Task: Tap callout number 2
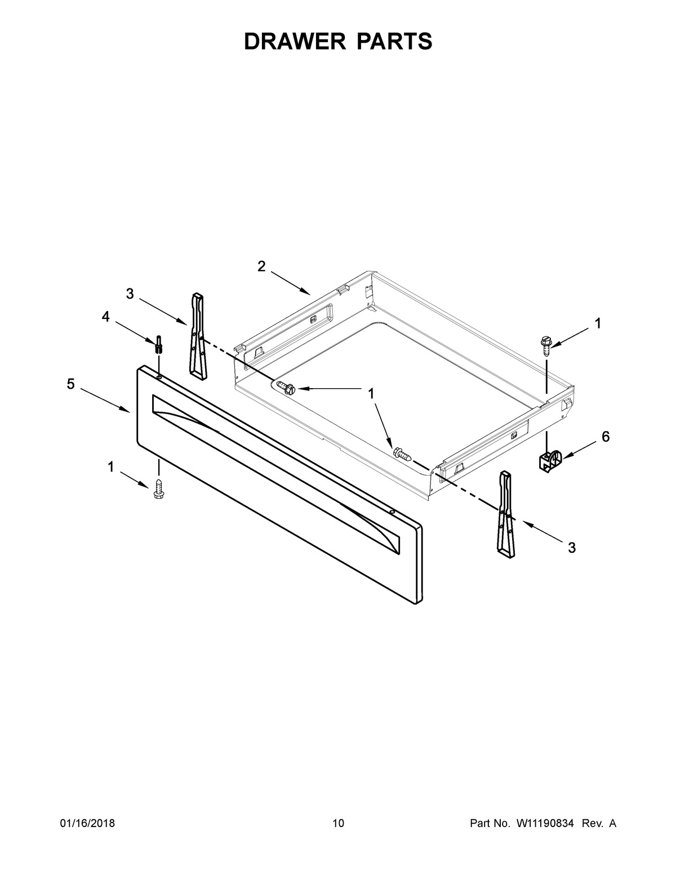[x=262, y=266]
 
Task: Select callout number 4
[x=105, y=317]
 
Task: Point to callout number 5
[x=71, y=384]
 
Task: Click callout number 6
[x=606, y=437]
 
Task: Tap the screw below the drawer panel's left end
[x=159, y=489]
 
